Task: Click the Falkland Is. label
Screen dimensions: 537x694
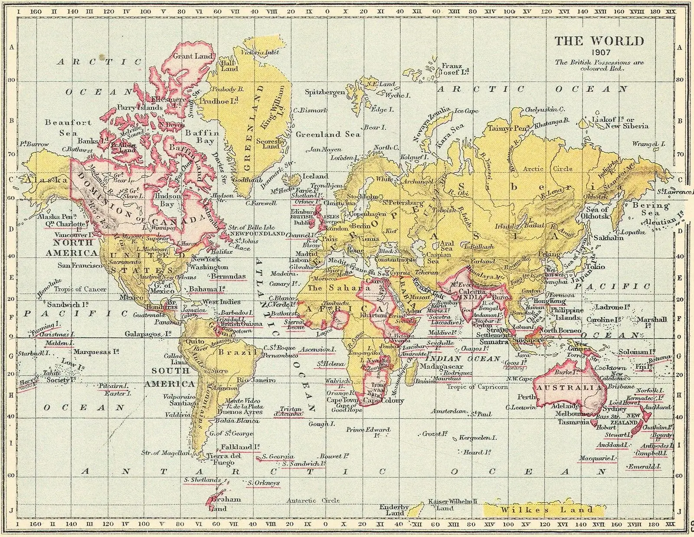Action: click(240, 447)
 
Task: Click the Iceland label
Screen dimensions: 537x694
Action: click(315, 176)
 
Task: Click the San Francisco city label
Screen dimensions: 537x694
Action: click(81, 265)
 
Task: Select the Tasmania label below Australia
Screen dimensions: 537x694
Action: click(573, 422)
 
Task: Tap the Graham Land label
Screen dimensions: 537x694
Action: click(225, 503)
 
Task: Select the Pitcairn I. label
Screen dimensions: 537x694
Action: click(113, 386)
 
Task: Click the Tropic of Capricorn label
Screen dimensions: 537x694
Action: click(477, 387)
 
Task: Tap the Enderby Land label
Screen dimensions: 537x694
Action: click(394, 510)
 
